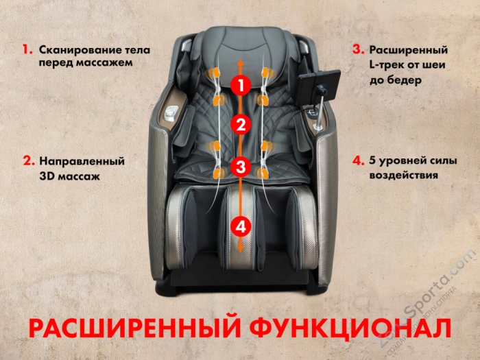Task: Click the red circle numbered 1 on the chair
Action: point(239,86)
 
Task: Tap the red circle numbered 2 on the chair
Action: point(239,125)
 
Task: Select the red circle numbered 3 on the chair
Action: point(239,166)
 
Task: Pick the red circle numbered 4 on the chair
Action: point(239,225)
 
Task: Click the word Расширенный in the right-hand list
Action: point(409,50)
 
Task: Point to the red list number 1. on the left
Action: point(27,50)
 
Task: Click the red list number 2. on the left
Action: point(28,162)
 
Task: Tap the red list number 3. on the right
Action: point(358,50)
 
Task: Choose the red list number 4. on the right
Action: point(358,162)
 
